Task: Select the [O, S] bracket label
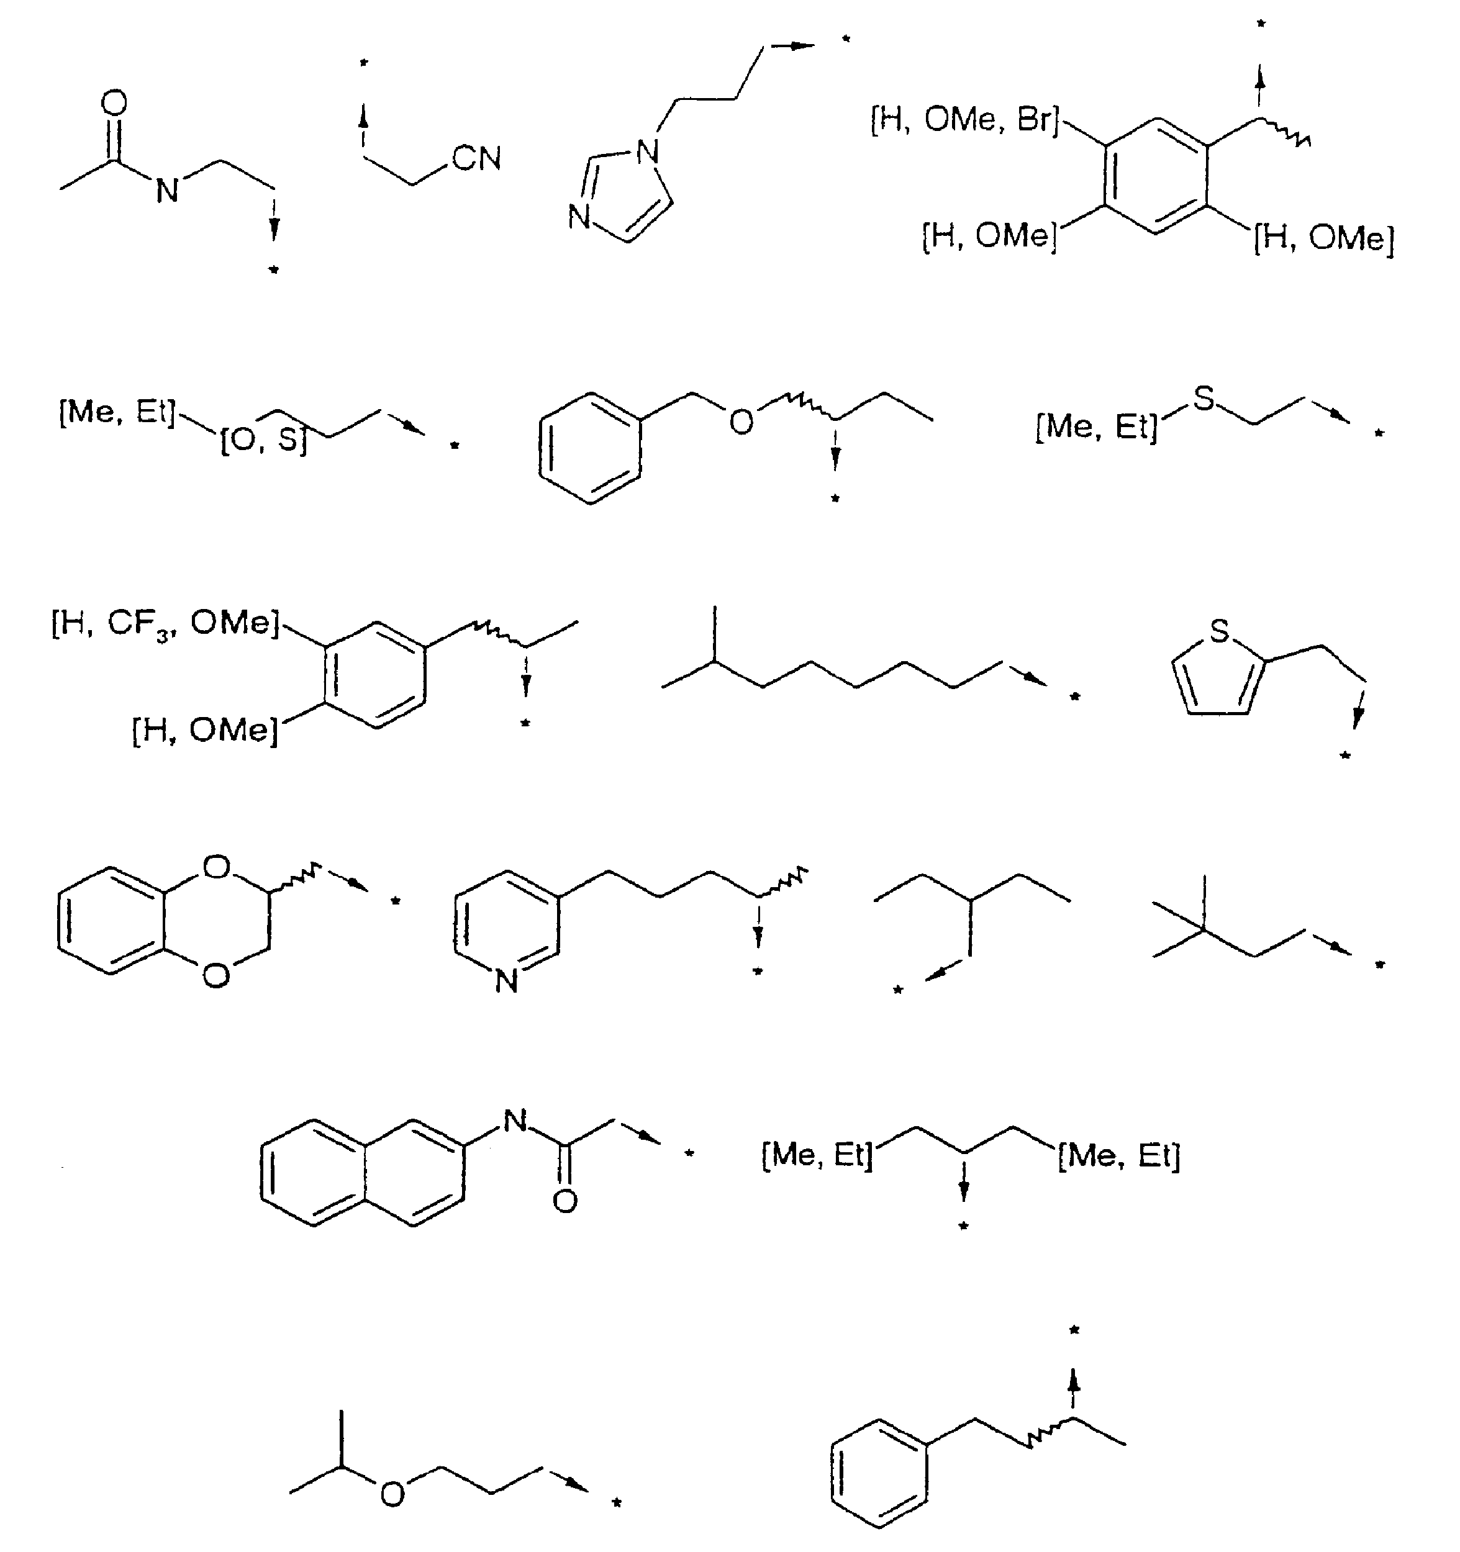tap(264, 440)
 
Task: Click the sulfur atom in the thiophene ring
tap(1219, 630)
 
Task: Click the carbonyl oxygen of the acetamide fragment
tap(114, 103)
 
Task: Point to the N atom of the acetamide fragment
tap(167, 191)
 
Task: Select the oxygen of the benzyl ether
tap(741, 422)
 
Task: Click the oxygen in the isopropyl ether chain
tap(392, 1494)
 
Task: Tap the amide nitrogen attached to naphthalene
tap(515, 1121)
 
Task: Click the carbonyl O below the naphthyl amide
tap(565, 1201)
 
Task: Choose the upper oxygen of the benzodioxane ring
tap(216, 867)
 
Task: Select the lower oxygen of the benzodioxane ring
tap(216, 975)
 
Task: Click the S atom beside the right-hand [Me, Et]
tap(1204, 398)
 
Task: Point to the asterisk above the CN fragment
tap(363, 63)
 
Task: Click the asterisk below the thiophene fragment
tap(1345, 756)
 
